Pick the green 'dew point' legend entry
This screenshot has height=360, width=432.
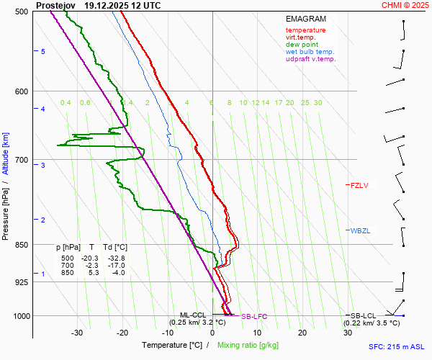coord(302,45)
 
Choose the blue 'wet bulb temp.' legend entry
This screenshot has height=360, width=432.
coord(310,52)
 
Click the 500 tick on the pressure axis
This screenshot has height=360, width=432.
coord(21,12)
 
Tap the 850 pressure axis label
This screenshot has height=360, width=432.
coord(21,245)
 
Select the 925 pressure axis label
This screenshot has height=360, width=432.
coord(21,282)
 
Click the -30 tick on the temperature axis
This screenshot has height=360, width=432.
coord(77,333)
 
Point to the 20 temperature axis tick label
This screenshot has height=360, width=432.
coord(302,333)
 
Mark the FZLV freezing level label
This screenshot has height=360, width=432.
coord(359,185)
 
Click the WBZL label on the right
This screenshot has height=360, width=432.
coord(360,230)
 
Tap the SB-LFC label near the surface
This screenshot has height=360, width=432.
coord(253,316)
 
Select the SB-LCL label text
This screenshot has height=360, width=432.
coord(364,316)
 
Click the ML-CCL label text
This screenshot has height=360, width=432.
coord(194,315)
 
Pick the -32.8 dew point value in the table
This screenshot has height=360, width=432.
coord(116,258)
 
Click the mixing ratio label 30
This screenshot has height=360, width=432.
coord(318,103)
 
